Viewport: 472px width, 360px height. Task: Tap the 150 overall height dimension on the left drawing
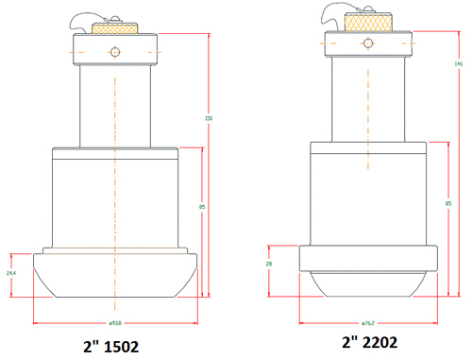click(x=209, y=118)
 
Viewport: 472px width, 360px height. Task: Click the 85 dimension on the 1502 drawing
click(x=202, y=206)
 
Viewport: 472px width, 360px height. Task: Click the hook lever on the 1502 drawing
click(x=83, y=23)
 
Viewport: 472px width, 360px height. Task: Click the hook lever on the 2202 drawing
click(x=333, y=13)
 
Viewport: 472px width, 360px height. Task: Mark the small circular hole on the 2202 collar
click(x=369, y=42)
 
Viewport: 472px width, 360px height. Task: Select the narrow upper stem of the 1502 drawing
click(x=115, y=104)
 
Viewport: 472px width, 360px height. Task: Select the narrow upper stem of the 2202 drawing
click(x=368, y=94)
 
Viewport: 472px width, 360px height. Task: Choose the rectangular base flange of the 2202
click(x=368, y=258)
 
